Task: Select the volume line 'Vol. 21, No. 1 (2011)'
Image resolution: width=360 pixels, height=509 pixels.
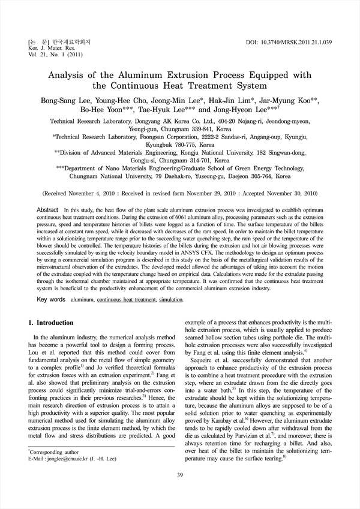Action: coord(43,58)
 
